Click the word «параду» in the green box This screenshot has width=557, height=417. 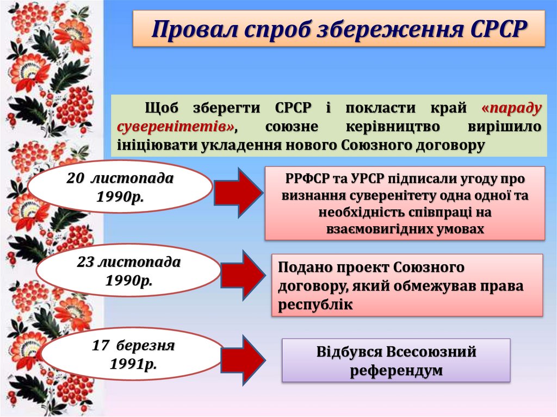(x=511, y=108)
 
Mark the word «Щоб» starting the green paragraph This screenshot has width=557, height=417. (x=159, y=108)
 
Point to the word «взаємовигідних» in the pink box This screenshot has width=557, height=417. (x=377, y=229)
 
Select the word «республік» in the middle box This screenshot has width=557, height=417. (x=315, y=305)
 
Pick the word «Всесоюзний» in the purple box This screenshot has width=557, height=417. (x=431, y=352)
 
